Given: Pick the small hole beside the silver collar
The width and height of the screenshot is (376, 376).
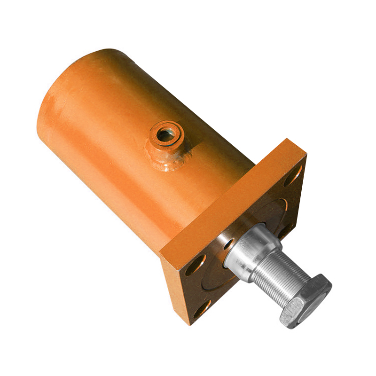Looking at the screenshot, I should [x=228, y=244].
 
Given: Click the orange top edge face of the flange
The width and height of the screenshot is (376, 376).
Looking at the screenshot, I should [x=230, y=197].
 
